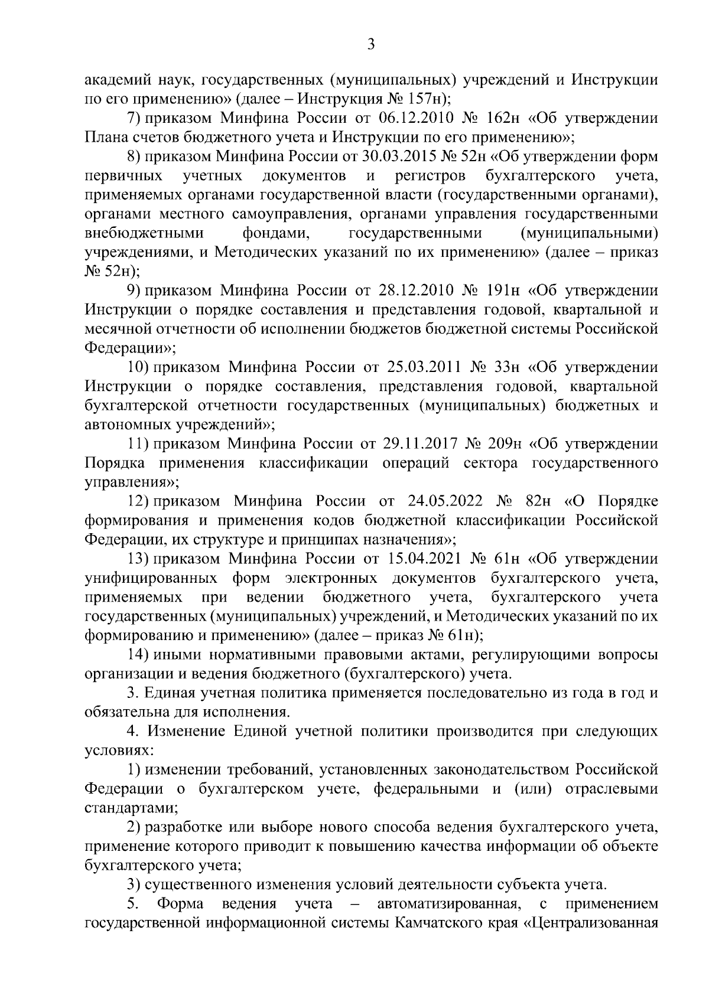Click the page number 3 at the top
(x=370, y=44)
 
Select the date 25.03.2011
(x=421, y=367)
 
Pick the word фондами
(x=277, y=233)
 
